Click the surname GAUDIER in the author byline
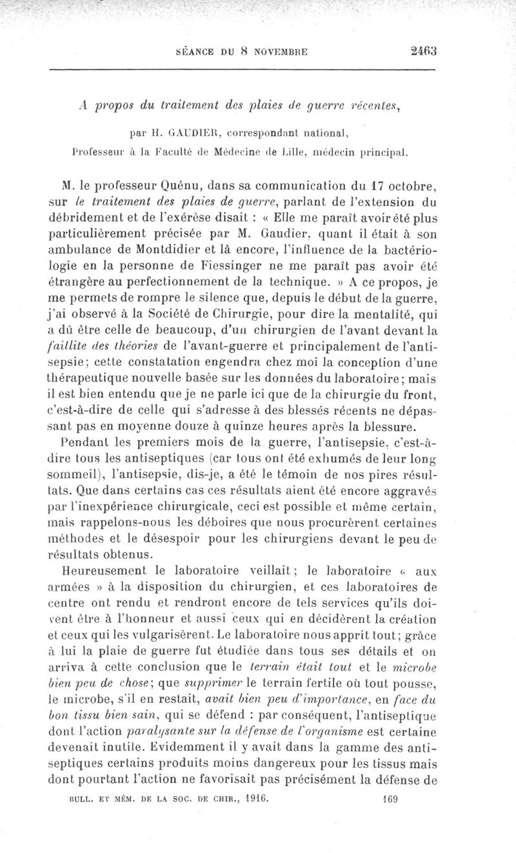click(194, 134)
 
